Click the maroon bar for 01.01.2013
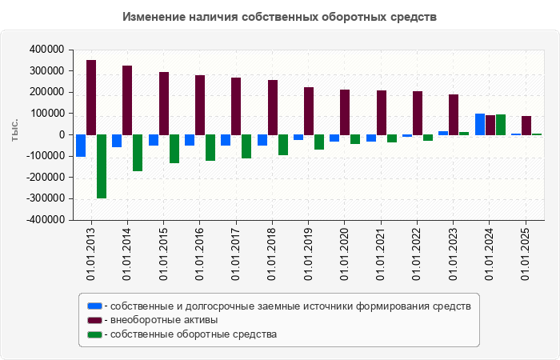(91, 98)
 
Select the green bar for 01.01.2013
(102, 166)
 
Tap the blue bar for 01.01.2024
(480, 124)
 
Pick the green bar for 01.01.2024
(501, 125)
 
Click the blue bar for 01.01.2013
(81, 146)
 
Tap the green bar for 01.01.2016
(210, 148)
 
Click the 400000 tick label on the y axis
(46, 50)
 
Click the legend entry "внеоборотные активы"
(164, 320)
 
